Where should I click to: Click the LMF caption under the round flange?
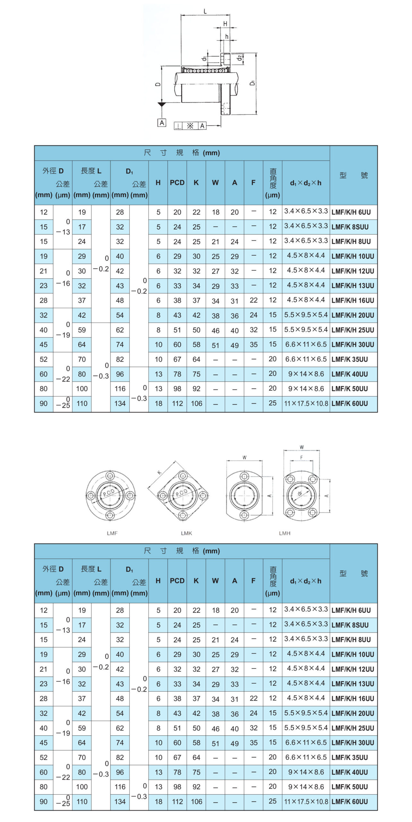(x=112, y=533)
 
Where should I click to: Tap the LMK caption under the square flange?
(x=186, y=533)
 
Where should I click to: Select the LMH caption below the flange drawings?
(x=285, y=533)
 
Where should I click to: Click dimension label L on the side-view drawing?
(x=205, y=12)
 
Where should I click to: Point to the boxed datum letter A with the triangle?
(x=162, y=123)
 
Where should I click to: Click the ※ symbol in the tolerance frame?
(x=190, y=126)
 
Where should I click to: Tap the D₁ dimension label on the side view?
(x=253, y=83)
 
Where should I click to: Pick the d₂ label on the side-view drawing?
(x=239, y=58)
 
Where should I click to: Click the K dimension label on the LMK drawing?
(x=159, y=472)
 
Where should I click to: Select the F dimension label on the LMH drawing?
(x=301, y=457)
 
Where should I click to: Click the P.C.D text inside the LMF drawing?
(x=109, y=493)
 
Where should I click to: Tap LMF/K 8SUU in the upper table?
(x=350, y=227)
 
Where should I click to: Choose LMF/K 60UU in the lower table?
(x=350, y=801)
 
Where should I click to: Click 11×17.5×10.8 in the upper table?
(x=306, y=404)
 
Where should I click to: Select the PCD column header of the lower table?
(x=177, y=581)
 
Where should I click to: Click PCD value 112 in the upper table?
(x=177, y=404)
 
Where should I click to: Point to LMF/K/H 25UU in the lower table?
(x=353, y=728)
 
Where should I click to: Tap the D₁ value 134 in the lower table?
(x=120, y=801)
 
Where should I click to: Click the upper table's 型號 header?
(x=353, y=175)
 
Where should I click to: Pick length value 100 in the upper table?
(x=82, y=389)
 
